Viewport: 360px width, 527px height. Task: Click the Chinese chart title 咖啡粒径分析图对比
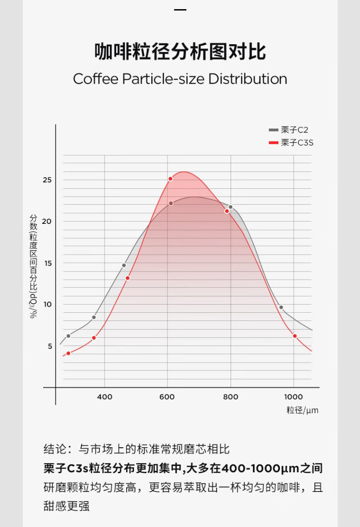tap(180, 52)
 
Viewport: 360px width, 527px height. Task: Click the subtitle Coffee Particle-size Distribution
tap(180, 79)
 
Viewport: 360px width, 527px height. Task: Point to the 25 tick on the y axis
tap(47, 180)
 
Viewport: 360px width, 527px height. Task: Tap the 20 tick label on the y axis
tap(47, 221)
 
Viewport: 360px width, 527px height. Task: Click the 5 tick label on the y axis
tap(49, 346)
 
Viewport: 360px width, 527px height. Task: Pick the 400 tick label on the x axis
tap(105, 397)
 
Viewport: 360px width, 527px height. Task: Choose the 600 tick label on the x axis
tap(168, 397)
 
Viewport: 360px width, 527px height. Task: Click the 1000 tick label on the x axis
tap(294, 397)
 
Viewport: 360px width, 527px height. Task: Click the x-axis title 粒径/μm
tap(302, 410)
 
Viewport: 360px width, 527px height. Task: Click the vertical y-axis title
tap(33, 266)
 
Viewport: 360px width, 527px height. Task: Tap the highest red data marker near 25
tap(170, 179)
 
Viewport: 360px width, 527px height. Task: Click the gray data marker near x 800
tap(230, 207)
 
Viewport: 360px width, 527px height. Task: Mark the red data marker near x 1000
tap(295, 336)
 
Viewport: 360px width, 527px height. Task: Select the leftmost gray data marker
tap(68, 336)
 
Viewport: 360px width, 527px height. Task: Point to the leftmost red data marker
tap(68, 353)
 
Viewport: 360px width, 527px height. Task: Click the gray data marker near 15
tap(124, 265)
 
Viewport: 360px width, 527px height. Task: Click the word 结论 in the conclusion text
tap(55, 450)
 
